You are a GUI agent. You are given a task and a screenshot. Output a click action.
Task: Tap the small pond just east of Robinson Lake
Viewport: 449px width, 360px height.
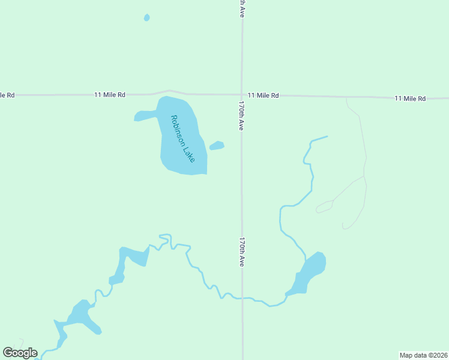pyautogui.click(x=217, y=145)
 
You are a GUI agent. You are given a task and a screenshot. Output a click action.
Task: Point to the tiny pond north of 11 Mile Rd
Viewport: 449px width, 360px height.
pyautogui.click(x=146, y=17)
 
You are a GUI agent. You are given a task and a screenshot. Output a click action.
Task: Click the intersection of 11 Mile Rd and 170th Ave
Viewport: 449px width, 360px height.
pyautogui.click(x=242, y=94)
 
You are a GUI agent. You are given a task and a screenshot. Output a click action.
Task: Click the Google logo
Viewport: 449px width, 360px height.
pyautogui.click(x=20, y=352)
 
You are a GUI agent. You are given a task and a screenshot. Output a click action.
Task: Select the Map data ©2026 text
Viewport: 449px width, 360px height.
pyautogui.click(x=423, y=355)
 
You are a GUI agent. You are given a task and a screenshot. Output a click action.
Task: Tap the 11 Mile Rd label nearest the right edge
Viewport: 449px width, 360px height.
pyautogui.click(x=410, y=98)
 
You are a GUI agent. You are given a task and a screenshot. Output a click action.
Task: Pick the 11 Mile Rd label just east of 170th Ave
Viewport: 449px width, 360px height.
pyautogui.click(x=263, y=95)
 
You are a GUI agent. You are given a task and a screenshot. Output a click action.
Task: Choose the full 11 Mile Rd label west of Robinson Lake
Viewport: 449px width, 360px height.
pyautogui.click(x=110, y=95)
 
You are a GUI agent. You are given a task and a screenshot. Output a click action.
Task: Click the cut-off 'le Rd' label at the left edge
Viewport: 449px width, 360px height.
pyautogui.click(x=7, y=95)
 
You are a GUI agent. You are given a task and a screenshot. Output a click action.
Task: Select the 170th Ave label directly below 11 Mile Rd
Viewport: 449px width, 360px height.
pyautogui.click(x=241, y=115)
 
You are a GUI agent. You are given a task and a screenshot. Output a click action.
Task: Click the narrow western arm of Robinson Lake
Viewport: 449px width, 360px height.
pyautogui.click(x=145, y=115)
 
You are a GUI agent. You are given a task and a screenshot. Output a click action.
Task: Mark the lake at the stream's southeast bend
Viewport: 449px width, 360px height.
pyautogui.click(x=310, y=273)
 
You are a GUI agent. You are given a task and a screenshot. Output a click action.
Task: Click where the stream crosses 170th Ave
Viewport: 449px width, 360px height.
pyautogui.click(x=243, y=298)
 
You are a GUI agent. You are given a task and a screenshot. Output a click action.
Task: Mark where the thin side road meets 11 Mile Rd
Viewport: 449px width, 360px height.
pyautogui.click(x=346, y=97)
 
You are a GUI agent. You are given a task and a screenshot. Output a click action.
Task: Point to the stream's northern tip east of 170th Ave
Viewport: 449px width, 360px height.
pyautogui.click(x=327, y=137)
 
